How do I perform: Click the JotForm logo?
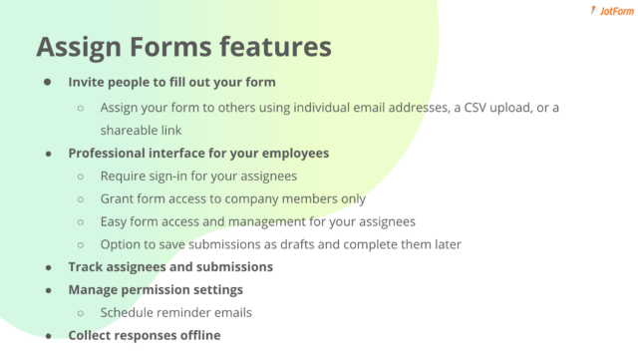pos(601,13)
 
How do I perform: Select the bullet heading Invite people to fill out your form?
pos(171,83)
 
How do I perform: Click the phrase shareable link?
pos(143,130)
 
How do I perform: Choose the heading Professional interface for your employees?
pos(198,153)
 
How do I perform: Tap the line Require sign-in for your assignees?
pos(199,176)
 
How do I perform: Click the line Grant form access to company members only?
pos(233,198)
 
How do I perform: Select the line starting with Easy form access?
pos(257,221)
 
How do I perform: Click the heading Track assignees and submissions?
pos(170,267)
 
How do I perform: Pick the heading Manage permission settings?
pos(156,290)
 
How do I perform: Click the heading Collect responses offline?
pos(145,335)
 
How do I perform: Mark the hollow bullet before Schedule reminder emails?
pos(81,313)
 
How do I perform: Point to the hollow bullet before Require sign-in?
pos(81,176)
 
